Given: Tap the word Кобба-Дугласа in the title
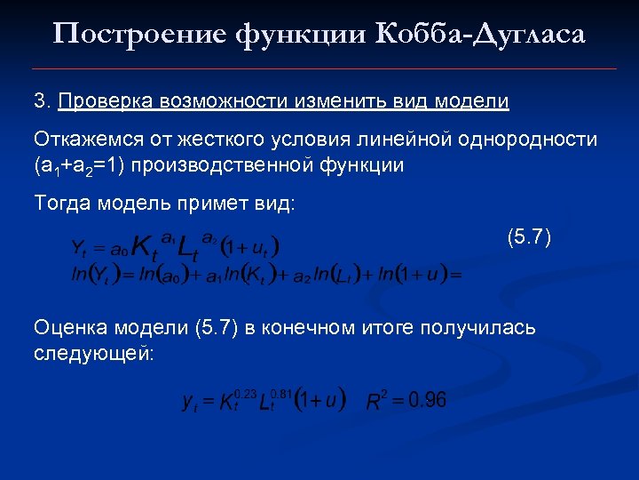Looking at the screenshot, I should [481, 35].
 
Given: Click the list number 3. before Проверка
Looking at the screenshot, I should [43, 101].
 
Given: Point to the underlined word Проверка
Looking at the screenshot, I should [106, 101].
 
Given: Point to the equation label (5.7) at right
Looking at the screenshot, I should [529, 237].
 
